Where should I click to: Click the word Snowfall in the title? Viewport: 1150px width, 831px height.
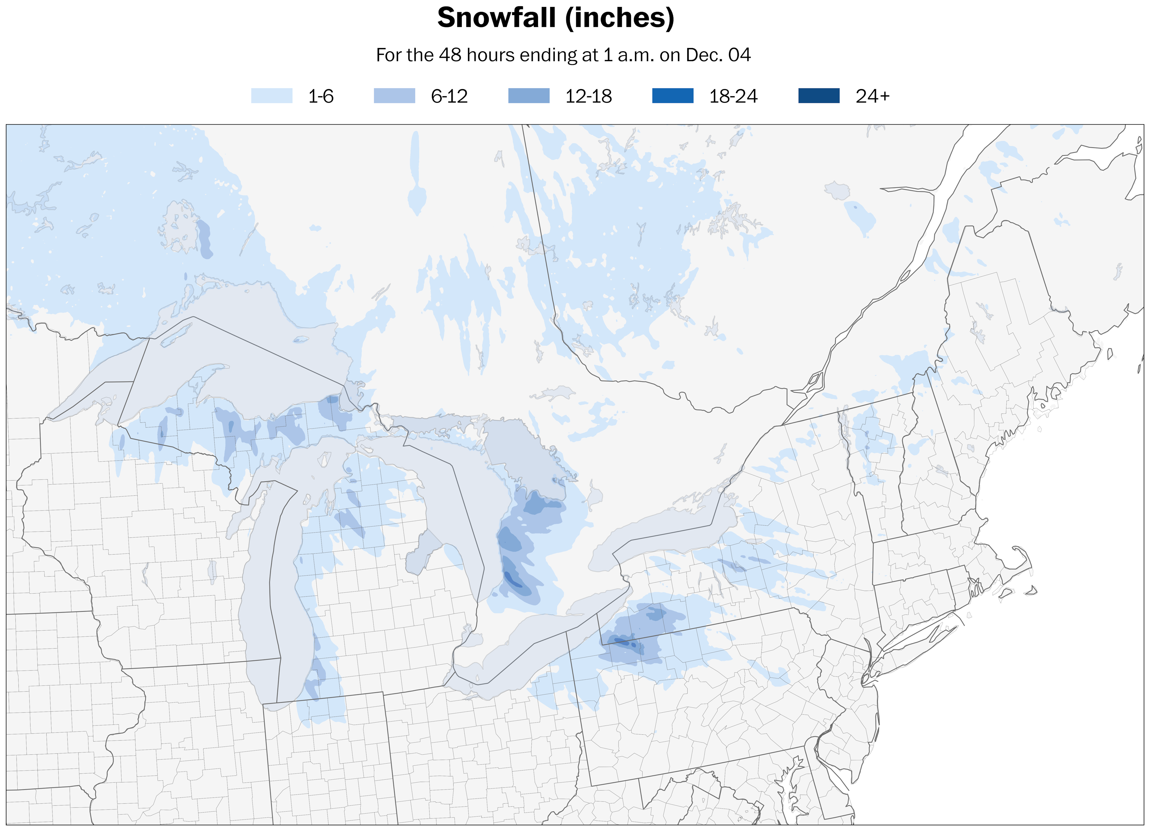click(x=496, y=18)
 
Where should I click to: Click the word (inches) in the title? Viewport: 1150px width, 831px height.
click(x=620, y=18)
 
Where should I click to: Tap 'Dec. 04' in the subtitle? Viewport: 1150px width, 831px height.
click(x=717, y=55)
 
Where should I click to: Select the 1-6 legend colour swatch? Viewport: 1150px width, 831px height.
click(x=272, y=96)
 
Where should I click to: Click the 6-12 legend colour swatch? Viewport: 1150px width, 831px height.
click(x=394, y=96)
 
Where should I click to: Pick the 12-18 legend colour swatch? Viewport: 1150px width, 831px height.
click(x=528, y=96)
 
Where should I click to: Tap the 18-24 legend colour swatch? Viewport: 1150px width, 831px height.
click(x=672, y=96)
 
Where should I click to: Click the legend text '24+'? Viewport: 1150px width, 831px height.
click(x=872, y=96)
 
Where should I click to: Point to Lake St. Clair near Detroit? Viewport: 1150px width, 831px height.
click(x=474, y=640)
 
